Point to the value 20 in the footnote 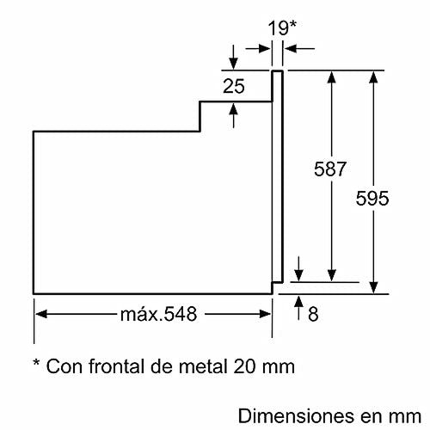242,366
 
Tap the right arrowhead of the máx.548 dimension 268,315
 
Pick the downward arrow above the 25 233,64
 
